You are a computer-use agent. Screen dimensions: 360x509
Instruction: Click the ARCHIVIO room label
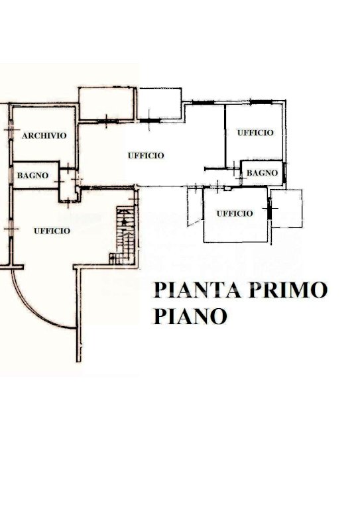coord(44,136)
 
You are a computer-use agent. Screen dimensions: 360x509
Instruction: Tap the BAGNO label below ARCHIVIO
coord(32,176)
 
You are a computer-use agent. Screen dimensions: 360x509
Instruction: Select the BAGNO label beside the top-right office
coord(263,173)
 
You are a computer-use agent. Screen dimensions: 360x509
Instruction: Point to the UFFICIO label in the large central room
coord(146,156)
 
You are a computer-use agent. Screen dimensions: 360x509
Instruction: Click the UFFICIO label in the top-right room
coord(255,133)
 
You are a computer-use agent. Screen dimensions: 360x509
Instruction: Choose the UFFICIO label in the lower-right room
coord(235,213)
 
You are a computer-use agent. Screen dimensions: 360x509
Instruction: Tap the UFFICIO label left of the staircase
coord(52,231)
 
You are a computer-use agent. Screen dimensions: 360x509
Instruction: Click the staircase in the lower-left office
coord(123,235)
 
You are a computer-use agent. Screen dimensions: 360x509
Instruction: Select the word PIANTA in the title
coord(198,290)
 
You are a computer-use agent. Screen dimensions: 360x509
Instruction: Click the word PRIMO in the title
coord(288,290)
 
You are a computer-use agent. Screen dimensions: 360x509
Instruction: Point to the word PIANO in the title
coord(190,316)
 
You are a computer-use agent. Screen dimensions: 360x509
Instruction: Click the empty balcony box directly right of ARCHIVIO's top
coord(107,104)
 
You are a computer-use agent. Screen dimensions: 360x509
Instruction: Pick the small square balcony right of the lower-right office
coord(286,208)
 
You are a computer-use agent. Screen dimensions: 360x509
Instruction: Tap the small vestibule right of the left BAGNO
coord(68,186)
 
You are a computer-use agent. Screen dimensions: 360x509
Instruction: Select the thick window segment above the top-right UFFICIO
coord(261,102)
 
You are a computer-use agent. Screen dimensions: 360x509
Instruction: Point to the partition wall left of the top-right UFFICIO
coord(225,137)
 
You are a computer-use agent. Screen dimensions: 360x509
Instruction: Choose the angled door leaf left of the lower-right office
coord(195,223)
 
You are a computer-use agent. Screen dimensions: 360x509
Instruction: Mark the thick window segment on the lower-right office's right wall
coord(269,208)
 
